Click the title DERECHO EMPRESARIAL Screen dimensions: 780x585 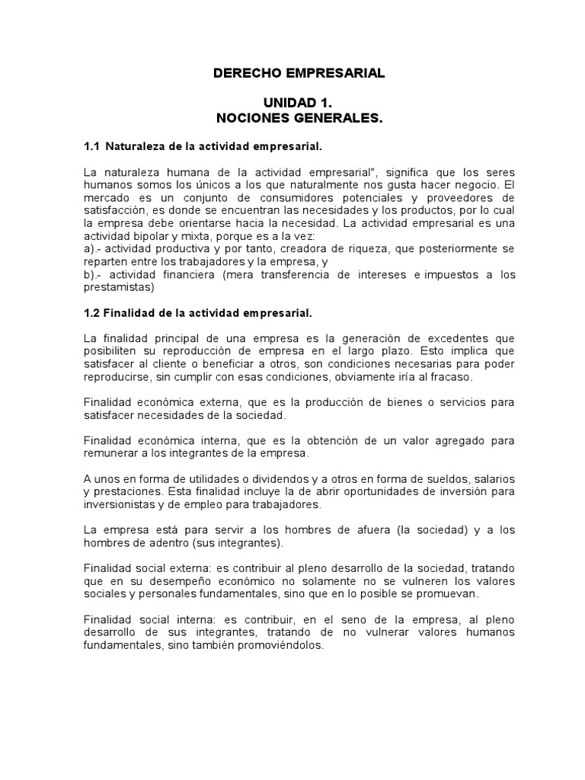coord(299,74)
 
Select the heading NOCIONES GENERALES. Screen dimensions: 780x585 coord(299,119)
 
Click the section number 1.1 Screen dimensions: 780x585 coord(91,145)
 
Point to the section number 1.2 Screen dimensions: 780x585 coord(91,312)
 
